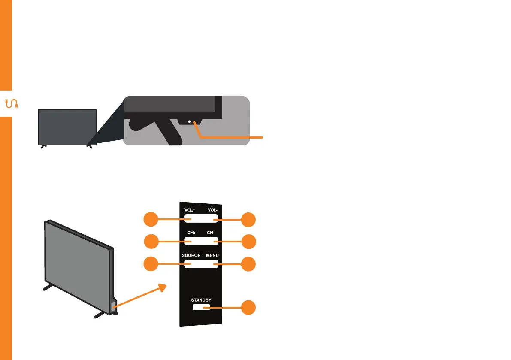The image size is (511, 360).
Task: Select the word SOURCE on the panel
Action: [191, 256]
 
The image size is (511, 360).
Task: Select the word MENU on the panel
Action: [212, 256]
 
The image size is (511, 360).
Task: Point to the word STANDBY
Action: [201, 300]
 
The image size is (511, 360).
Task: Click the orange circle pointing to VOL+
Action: [150, 220]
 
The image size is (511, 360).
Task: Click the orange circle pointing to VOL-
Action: [248, 220]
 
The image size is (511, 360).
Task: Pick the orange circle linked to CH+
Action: [150, 242]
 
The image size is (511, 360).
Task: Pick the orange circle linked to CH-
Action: [248, 242]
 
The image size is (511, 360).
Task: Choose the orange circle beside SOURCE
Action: [150, 264]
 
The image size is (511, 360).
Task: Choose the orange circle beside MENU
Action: [248, 264]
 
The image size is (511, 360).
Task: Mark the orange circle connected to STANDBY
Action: [248, 308]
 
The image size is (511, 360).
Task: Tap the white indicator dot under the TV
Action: [189, 123]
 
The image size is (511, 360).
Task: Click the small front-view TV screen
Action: [67, 127]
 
